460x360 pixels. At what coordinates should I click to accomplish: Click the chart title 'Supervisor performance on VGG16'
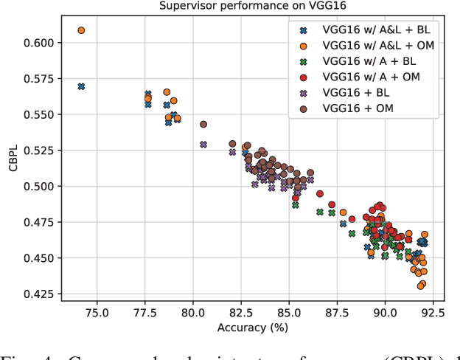click(x=250, y=7)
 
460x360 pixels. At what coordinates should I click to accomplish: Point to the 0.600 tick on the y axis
click(x=38, y=43)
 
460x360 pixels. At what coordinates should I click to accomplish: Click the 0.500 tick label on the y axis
click(x=38, y=187)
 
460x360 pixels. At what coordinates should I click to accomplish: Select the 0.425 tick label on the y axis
click(x=38, y=294)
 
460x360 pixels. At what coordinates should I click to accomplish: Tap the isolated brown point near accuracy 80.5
click(x=203, y=125)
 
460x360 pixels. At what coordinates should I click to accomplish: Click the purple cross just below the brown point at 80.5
click(x=203, y=145)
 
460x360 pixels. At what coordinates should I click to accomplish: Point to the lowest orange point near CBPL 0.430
click(x=420, y=286)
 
